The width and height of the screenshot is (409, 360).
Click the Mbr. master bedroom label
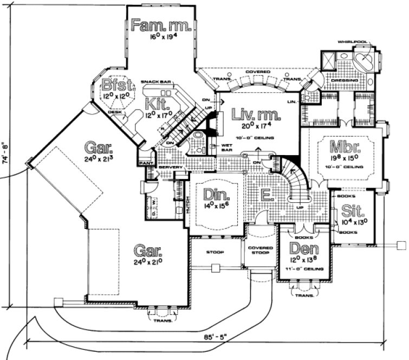pos(342,147)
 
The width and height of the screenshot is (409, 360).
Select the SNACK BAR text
pos(155,82)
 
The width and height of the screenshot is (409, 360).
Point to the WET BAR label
pos(227,147)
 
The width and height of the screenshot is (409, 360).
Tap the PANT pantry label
pos(145,163)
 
